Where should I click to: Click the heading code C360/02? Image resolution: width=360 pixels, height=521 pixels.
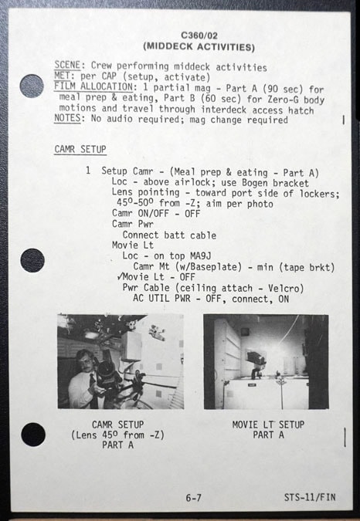tap(199, 36)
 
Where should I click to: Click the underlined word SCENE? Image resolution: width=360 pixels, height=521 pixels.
tap(67, 65)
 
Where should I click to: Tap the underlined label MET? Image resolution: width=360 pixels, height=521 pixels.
tap(63, 76)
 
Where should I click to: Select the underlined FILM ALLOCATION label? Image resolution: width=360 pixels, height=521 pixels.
tap(93, 86)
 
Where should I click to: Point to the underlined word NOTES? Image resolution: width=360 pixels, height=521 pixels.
tap(67, 118)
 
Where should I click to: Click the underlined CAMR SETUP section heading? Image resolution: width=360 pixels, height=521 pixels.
tap(80, 150)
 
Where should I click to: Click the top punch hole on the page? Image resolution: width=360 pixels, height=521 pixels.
tap(32, 86)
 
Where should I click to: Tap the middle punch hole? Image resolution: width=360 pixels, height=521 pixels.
tap(32, 261)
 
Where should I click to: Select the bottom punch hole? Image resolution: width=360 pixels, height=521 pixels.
tap(33, 435)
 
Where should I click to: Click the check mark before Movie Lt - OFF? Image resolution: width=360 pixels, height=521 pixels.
tap(120, 276)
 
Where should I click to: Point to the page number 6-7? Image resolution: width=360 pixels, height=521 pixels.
tap(193, 498)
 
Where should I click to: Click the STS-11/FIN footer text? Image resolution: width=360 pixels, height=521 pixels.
tap(310, 497)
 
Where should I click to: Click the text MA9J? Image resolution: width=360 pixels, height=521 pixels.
tap(200, 255)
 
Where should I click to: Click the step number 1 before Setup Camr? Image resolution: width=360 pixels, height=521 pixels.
tap(88, 171)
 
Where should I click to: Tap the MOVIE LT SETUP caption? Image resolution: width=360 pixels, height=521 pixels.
tap(268, 425)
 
